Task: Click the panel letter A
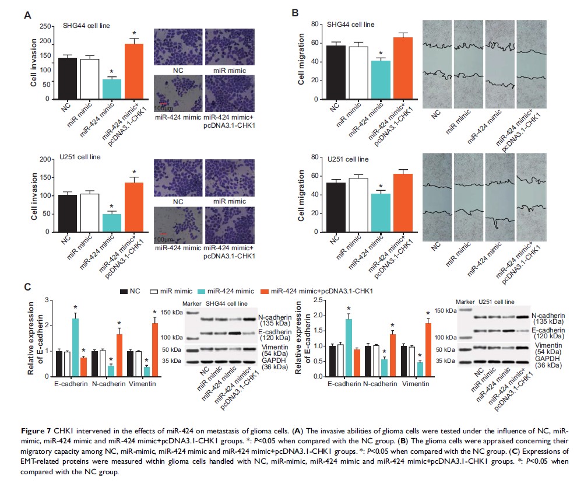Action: tap(27, 15)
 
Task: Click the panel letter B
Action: tap(295, 12)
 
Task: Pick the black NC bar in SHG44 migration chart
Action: tap(334, 72)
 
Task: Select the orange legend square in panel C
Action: tap(264, 291)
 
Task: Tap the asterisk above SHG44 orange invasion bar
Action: tap(134, 33)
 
